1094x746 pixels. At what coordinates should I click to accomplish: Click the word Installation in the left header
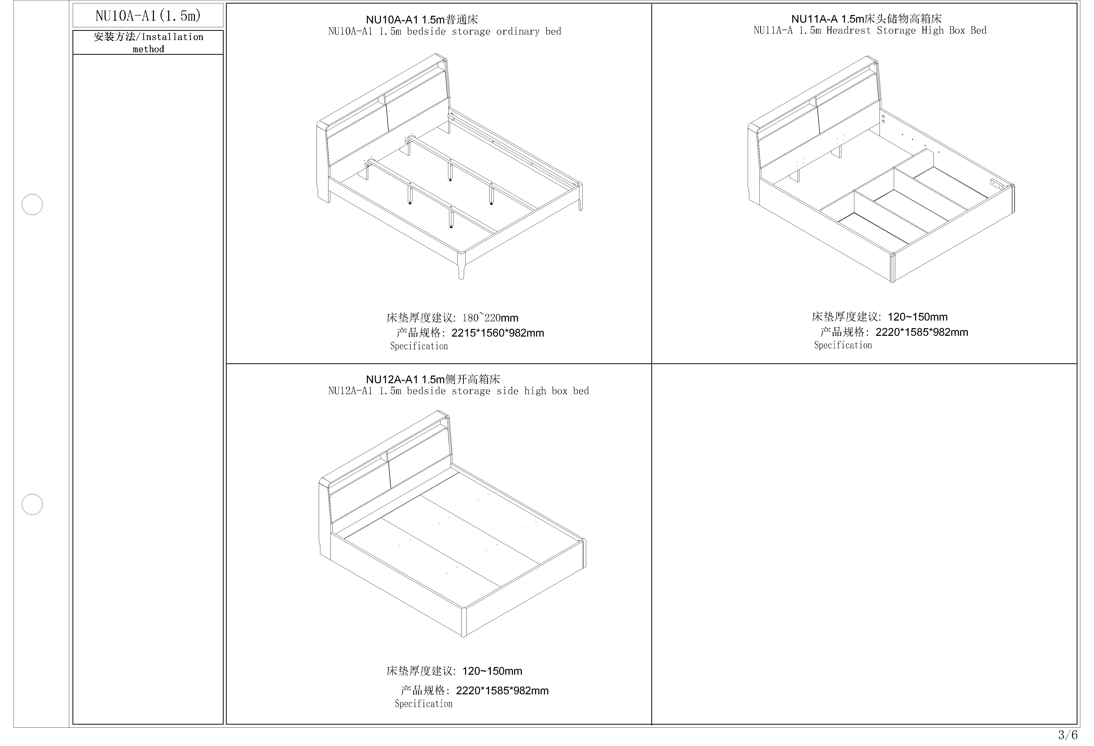click(x=172, y=37)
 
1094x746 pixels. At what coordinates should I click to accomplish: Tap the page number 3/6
click(x=1068, y=734)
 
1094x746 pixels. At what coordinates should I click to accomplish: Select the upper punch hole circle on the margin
click(x=32, y=204)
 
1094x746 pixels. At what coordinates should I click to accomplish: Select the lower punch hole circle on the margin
click(x=32, y=504)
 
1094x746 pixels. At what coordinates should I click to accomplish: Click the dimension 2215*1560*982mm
click(x=498, y=333)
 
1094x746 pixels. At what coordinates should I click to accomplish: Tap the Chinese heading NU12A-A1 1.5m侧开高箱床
click(x=433, y=379)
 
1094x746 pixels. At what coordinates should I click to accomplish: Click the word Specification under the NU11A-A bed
click(x=843, y=345)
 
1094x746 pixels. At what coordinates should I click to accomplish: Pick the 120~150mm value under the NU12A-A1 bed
click(x=492, y=671)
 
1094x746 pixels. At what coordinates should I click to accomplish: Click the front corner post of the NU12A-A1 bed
click(x=464, y=622)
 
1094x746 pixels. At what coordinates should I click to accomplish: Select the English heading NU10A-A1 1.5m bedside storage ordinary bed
click(x=445, y=32)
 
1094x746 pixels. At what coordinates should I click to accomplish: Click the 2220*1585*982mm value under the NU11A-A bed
click(x=922, y=332)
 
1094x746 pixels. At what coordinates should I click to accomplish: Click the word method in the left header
click(x=148, y=49)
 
